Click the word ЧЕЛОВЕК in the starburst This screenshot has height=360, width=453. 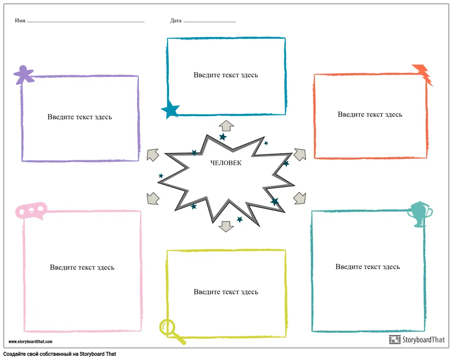226,163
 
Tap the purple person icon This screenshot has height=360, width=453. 23,74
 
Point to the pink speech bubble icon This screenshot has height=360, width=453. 31,210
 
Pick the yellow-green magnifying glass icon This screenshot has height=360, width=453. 170,330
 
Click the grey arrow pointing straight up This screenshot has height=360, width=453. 226,126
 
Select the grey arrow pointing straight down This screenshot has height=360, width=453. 226,226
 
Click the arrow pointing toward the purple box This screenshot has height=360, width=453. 153,155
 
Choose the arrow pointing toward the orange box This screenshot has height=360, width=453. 299,154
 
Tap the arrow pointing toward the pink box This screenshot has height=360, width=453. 153,198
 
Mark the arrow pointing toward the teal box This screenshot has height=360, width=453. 300,198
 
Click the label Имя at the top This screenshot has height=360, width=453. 20,21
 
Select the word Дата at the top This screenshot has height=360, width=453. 176,21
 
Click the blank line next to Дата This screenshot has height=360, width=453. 210,22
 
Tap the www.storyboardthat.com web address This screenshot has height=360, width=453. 30,342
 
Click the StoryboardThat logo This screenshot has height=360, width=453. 417,340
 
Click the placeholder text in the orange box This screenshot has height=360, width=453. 370,114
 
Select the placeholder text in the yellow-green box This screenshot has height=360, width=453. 226,292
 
